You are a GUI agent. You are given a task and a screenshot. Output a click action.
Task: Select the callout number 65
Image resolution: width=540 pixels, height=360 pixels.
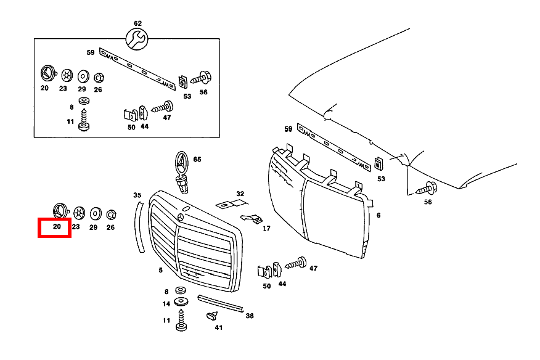point(197,159)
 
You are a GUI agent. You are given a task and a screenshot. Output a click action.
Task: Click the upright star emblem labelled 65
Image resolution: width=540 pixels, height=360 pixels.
point(182,165)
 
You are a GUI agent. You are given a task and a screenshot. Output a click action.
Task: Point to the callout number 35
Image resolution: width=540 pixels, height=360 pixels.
point(137,195)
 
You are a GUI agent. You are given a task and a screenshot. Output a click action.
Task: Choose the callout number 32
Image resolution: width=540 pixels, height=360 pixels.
point(240,194)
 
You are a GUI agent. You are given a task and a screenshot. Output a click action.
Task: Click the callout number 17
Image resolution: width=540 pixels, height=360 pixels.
point(266,228)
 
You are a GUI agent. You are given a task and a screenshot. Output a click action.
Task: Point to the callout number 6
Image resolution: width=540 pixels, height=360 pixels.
point(378,215)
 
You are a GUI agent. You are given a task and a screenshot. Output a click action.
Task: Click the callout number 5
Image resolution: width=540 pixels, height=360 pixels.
point(160,270)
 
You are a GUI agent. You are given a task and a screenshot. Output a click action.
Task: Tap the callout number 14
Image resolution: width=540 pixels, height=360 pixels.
point(166,304)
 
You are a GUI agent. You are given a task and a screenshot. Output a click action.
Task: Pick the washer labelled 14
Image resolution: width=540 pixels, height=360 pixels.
point(182,302)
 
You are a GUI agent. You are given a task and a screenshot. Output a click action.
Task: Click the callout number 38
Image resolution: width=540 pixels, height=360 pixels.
point(250,316)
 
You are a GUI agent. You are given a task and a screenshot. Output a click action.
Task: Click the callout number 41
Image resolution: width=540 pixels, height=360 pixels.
point(218,327)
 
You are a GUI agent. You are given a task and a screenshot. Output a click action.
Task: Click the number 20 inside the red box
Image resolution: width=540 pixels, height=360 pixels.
point(57,227)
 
